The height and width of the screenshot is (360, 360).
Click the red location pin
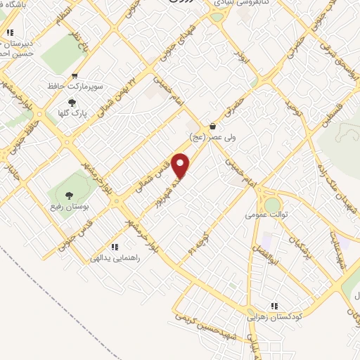(181, 166)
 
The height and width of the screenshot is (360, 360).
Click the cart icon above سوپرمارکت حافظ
(75, 77)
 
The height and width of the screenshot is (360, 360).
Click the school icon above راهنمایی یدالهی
(114, 246)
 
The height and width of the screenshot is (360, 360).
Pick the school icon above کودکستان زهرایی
(275, 306)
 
